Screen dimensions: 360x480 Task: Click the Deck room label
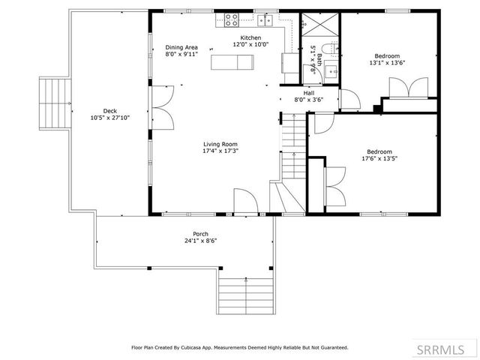pyautogui.click(x=110, y=110)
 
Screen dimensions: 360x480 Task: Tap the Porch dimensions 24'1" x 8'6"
pyautogui.click(x=200, y=241)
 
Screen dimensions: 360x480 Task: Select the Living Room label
pyautogui.click(x=220, y=144)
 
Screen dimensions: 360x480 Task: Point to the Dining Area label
pyautogui.click(x=181, y=47)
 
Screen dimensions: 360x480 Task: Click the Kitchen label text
pyautogui.click(x=250, y=38)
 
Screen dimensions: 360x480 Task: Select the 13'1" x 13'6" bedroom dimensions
pyautogui.click(x=388, y=63)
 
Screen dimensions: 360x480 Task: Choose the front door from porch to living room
pyautogui.click(x=243, y=202)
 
